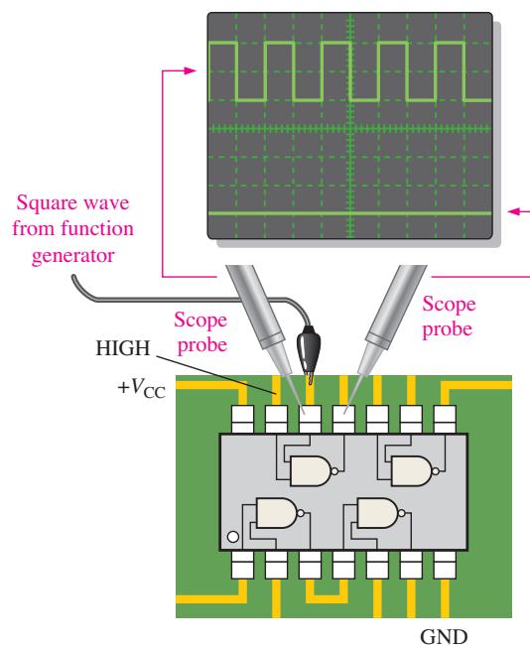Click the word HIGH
(123, 348)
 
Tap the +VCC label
(141, 389)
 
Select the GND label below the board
(444, 636)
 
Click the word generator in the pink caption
(72, 255)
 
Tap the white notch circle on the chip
(233, 537)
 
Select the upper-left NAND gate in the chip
(312, 471)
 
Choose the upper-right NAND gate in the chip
(412, 471)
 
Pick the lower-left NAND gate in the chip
(277, 513)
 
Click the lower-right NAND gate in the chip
(378, 513)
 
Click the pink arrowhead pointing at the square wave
(190, 70)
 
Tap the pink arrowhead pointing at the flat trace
(515, 211)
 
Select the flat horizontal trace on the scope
(350, 213)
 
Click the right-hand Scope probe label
(449, 317)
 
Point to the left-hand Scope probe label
(200, 332)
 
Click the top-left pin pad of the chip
(242, 419)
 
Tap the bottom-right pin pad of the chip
(445, 565)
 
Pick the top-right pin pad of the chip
(445, 419)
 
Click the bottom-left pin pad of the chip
(242, 565)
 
